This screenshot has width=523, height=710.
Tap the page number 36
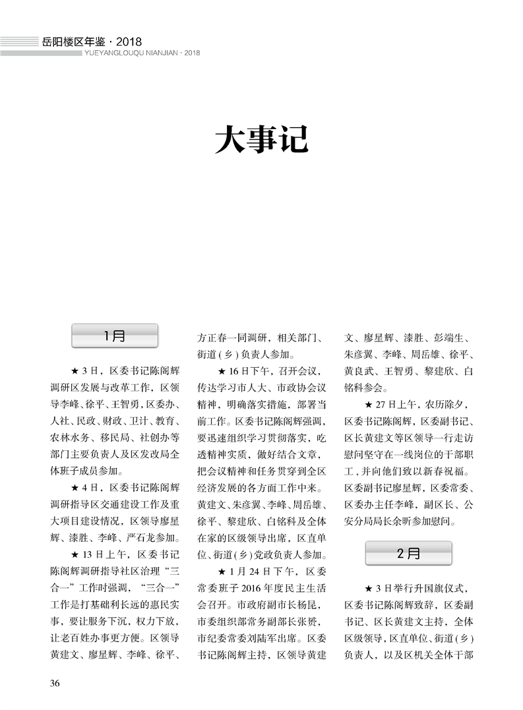55,682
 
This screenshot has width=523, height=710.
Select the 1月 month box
115,336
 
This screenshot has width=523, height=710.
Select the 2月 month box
409,553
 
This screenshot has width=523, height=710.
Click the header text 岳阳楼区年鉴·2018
92,42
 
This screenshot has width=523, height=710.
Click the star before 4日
75,488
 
